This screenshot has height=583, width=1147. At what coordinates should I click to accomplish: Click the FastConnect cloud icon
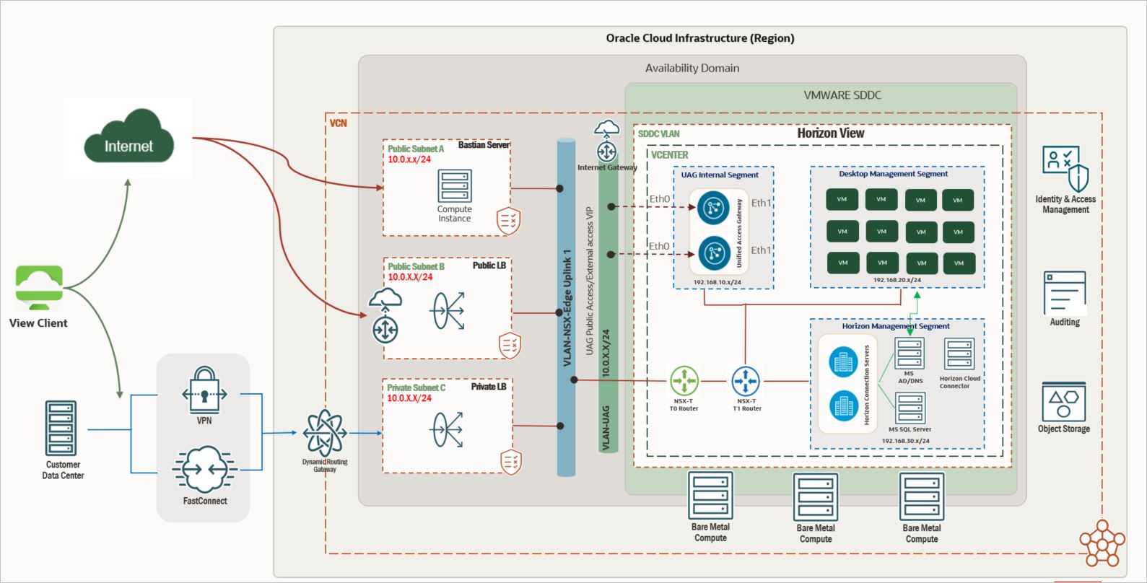[204, 470]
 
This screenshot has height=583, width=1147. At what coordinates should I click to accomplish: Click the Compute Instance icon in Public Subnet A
[455, 186]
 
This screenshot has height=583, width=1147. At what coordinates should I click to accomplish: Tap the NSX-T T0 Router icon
[684, 381]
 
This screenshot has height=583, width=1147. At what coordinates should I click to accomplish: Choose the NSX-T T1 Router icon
[746, 381]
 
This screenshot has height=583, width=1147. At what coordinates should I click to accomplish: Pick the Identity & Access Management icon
[1065, 168]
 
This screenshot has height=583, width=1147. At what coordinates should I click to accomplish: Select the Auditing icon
[1064, 292]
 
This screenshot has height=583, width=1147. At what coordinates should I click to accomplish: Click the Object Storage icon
[1063, 402]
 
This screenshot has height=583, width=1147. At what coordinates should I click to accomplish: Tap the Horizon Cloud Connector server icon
[959, 355]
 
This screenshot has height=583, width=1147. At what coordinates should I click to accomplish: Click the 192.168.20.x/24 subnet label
[897, 280]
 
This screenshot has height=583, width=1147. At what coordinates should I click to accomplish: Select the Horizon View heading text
[830, 133]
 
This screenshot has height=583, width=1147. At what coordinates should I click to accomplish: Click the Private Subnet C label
[416, 387]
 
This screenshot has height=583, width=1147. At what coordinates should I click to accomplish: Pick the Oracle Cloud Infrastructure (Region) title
[699, 38]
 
